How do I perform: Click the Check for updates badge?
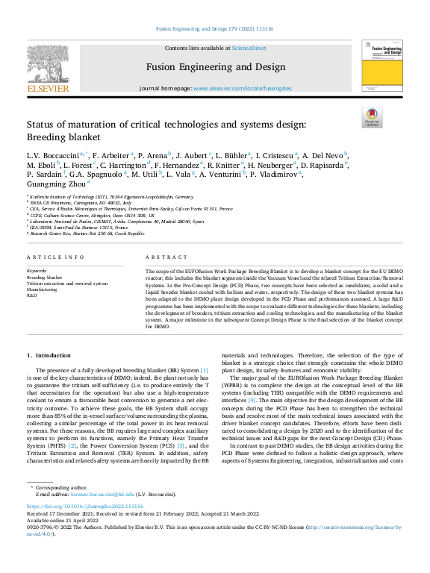[372, 117]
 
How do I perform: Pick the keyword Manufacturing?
[43, 289]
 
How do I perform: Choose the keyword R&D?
[32, 295]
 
